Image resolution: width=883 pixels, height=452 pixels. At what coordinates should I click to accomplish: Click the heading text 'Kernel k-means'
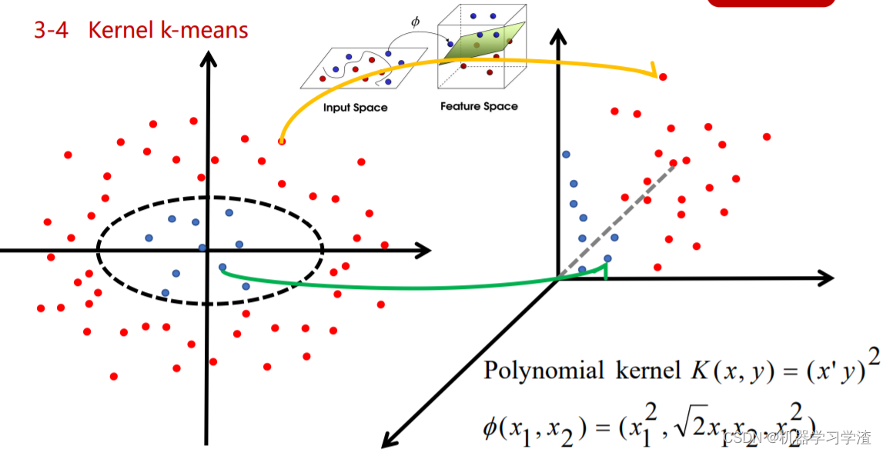coord(168,31)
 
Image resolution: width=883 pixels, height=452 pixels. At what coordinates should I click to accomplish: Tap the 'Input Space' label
coord(355,108)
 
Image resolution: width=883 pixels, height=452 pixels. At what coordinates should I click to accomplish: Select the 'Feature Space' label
coord(479,106)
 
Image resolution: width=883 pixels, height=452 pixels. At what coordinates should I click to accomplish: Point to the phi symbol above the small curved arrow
coord(416,22)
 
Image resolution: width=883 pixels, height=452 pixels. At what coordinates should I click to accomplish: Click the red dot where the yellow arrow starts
coord(282,141)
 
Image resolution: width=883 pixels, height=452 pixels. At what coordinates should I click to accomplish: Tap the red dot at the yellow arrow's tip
coord(663,77)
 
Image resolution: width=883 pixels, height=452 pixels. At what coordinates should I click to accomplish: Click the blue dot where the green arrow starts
coord(222,268)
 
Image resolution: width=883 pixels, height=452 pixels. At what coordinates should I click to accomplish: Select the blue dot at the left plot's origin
coord(202,248)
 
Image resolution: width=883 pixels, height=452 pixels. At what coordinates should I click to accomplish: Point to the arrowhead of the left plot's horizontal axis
coord(422,250)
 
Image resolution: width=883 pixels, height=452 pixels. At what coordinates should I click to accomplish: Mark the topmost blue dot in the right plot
coord(566,154)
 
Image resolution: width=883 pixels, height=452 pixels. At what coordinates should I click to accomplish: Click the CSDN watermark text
coord(801,439)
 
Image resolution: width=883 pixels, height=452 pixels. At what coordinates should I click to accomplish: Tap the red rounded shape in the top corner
coord(771,3)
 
